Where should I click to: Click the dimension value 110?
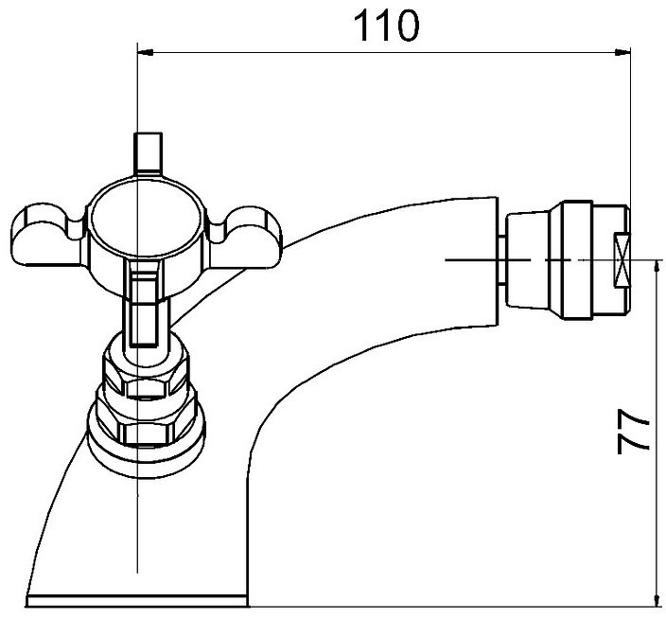click(386, 27)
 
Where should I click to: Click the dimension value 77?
click(633, 432)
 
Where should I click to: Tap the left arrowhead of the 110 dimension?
click(146, 52)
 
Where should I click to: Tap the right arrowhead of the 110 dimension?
click(623, 52)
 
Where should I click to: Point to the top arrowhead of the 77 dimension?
click(657, 268)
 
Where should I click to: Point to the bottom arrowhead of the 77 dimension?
click(657, 599)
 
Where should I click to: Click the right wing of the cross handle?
click(244, 238)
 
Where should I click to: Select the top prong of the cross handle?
click(148, 154)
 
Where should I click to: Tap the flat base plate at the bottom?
click(137, 601)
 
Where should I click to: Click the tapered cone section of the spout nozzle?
click(528, 259)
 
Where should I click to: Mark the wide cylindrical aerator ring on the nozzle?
click(577, 259)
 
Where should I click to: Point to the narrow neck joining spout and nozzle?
click(501, 259)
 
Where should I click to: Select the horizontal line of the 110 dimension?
click(384, 52)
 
